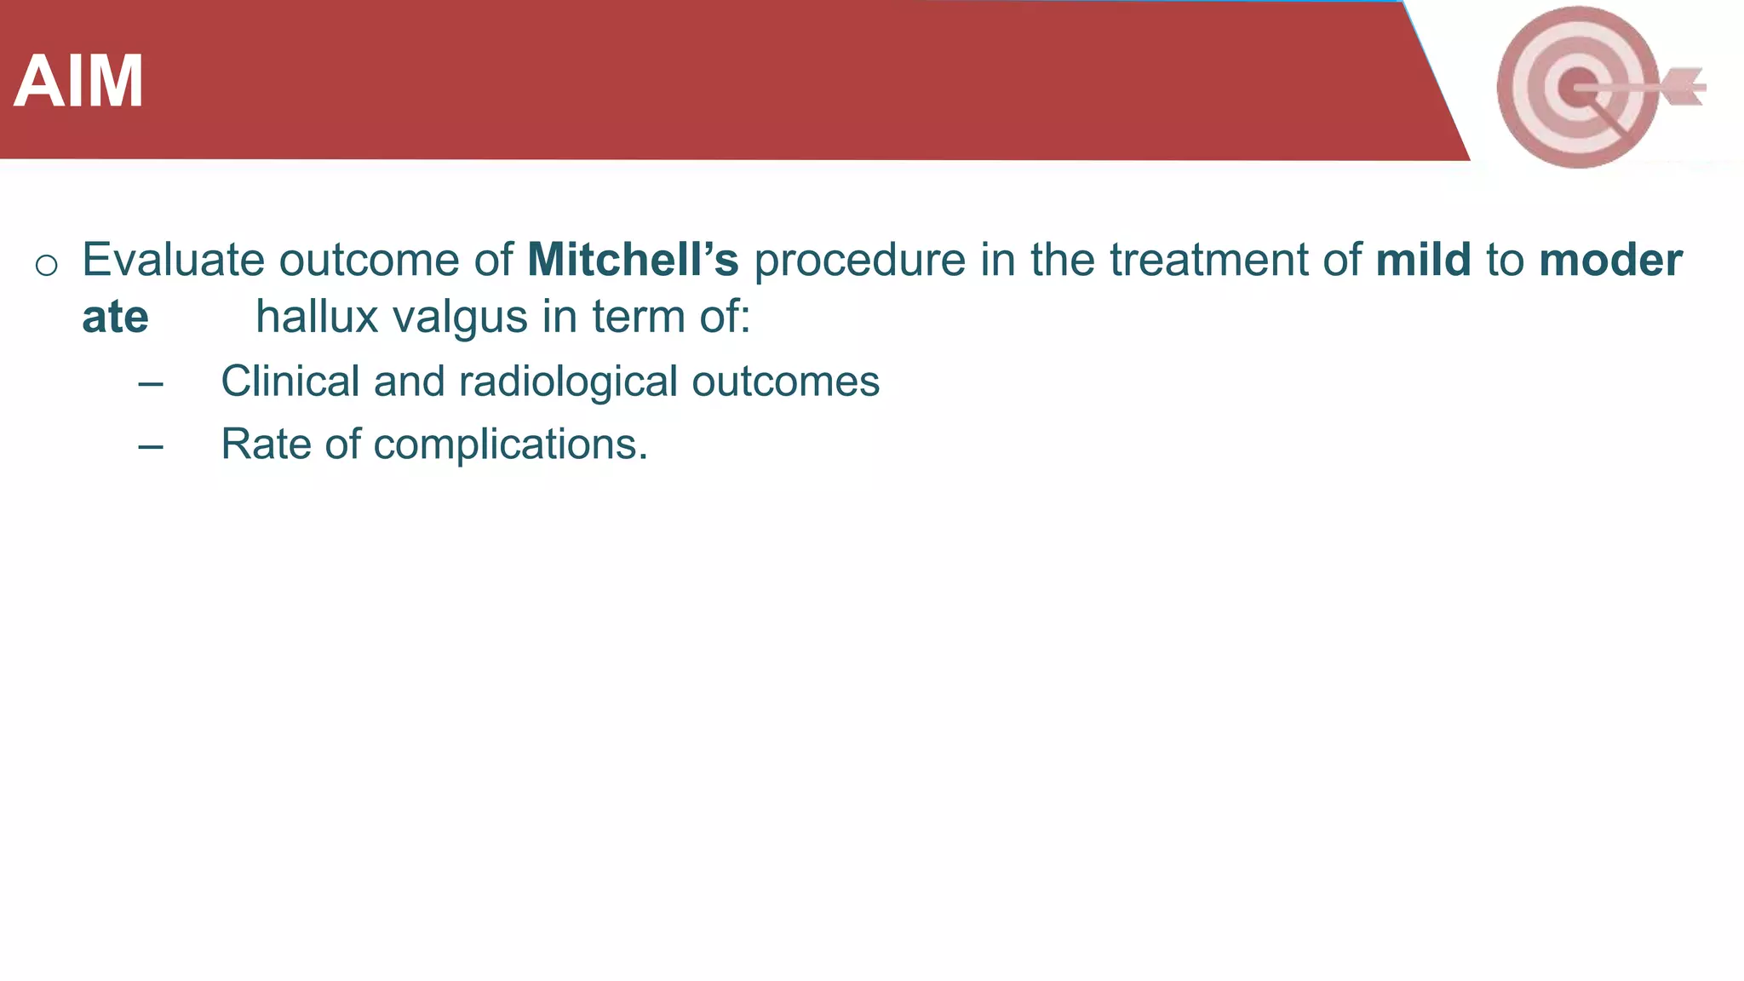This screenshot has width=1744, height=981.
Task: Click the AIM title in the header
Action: pos(78,82)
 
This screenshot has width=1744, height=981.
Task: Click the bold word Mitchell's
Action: pos(633,260)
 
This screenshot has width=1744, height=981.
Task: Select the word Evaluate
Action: pos(173,260)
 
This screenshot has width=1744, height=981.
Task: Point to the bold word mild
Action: pos(1423,260)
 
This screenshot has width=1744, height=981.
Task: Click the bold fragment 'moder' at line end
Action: pos(1610,260)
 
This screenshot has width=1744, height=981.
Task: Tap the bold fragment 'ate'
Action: pos(115,317)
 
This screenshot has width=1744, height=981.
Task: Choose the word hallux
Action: pos(316,317)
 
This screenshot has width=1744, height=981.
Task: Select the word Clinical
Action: pos(290,381)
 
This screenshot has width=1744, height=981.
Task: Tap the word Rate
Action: pos(265,444)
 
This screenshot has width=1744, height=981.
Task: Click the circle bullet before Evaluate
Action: pos(46,265)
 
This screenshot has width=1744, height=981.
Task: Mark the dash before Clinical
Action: pos(151,384)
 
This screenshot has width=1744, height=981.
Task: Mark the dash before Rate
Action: pos(151,446)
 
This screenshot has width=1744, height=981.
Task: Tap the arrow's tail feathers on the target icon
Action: pos(1683,87)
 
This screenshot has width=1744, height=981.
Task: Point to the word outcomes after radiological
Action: pos(785,382)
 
